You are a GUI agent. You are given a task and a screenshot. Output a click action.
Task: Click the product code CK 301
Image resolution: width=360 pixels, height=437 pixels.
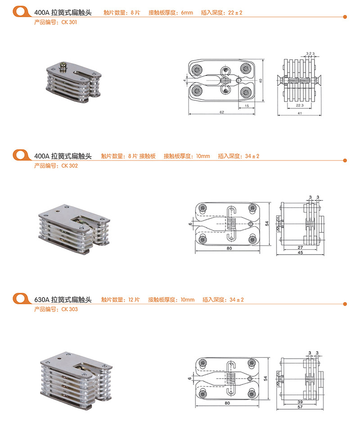tap(69, 22)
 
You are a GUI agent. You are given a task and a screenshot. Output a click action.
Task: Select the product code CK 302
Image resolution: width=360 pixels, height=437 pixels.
tap(69, 165)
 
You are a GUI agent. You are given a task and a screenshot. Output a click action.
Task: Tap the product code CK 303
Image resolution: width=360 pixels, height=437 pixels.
tap(69, 309)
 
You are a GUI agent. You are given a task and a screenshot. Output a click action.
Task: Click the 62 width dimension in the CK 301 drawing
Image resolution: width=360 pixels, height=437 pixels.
tap(222, 112)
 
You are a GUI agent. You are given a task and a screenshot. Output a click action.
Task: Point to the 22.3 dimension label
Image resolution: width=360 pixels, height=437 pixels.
tap(300, 105)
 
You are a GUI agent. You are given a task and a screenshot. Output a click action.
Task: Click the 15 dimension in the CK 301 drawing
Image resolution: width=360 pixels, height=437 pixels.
tap(247, 105)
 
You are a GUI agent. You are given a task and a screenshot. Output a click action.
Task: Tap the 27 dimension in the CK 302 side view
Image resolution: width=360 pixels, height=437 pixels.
tap(300, 248)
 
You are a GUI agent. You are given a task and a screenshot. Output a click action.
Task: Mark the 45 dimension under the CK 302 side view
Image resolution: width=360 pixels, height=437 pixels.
tap(300, 253)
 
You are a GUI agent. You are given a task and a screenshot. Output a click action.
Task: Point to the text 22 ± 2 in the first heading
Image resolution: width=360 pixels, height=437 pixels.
tap(235, 13)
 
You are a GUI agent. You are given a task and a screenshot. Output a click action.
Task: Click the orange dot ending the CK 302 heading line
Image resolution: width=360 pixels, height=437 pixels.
tap(345, 161)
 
